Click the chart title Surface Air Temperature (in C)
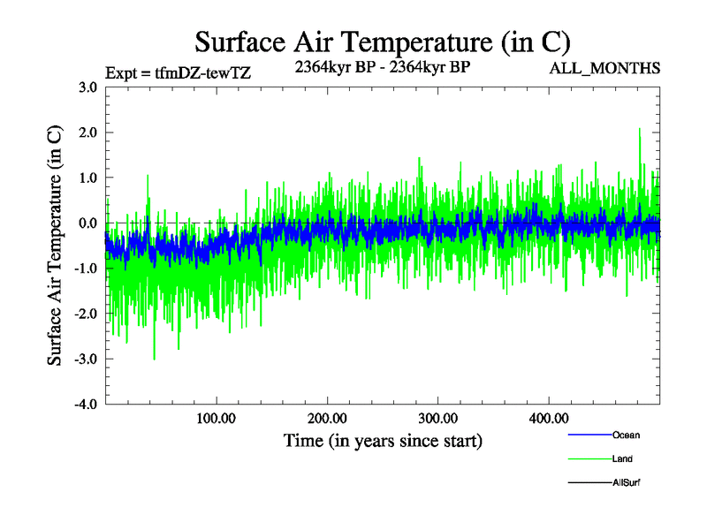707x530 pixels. point(382,42)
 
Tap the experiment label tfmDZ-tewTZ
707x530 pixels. point(178,73)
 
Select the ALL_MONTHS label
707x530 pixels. point(604,68)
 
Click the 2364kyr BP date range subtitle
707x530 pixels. point(382,67)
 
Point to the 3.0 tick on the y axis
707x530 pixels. point(87,87)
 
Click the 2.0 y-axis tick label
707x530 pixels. point(87,132)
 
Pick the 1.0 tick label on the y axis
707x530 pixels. point(87,178)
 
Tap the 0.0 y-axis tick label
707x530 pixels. point(87,223)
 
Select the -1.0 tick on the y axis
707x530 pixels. point(86,269)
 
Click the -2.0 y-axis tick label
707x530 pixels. point(86,314)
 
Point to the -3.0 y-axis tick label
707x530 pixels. point(86,359)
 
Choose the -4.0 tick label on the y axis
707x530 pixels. point(86,405)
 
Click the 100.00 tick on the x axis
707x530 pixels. point(216,418)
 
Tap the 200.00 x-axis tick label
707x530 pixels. point(327,418)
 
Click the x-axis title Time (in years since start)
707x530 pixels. point(383,440)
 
